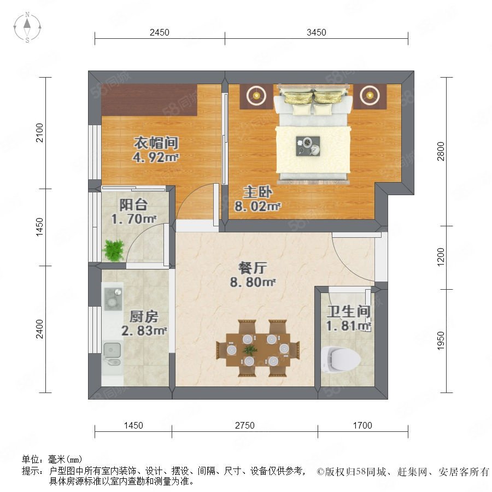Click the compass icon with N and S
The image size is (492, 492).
[27, 27]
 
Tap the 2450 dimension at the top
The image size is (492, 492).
[160, 32]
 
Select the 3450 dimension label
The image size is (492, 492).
[317, 32]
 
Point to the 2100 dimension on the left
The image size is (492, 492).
[39, 133]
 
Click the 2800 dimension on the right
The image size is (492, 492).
[441, 151]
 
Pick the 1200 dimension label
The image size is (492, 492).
[441, 257]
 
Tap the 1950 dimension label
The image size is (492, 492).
[441, 341]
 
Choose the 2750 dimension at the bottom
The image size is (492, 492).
[245, 425]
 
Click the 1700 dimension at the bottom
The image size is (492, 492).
[362, 425]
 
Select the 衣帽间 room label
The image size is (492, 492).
[156, 143]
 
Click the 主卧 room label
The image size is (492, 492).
[257, 192]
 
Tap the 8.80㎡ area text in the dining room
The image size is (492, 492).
[253, 282]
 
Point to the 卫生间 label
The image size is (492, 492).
[349, 312]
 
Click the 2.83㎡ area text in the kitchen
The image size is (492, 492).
[144, 331]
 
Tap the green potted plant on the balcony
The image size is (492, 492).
[113, 250]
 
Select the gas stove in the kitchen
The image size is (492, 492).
[113, 299]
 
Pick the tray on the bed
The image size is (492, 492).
[308, 146]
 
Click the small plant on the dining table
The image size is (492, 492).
[250, 349]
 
